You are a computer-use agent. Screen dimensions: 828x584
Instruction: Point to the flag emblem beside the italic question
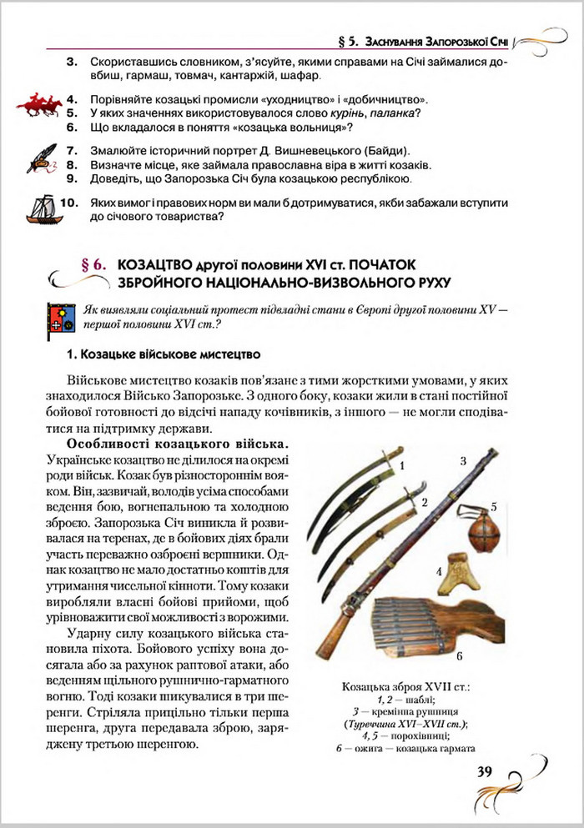point(60,318)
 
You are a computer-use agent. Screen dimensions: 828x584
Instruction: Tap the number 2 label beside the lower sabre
point(424,502)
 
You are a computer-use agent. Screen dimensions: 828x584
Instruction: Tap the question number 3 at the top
point(71,62)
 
